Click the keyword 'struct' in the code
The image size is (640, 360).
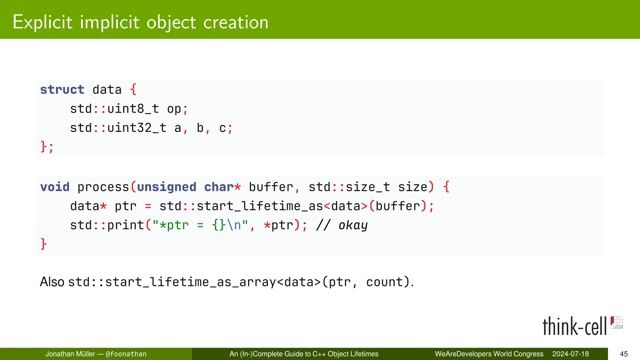click(x=62, y=89)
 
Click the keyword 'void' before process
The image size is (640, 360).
click(x=54, y=186)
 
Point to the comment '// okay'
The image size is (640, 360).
click(x=342, y=225)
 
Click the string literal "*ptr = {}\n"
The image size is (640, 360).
click(x=196, y=225)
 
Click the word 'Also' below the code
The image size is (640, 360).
click(x=51, y=283)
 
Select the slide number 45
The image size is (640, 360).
click(x=623, y=354)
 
